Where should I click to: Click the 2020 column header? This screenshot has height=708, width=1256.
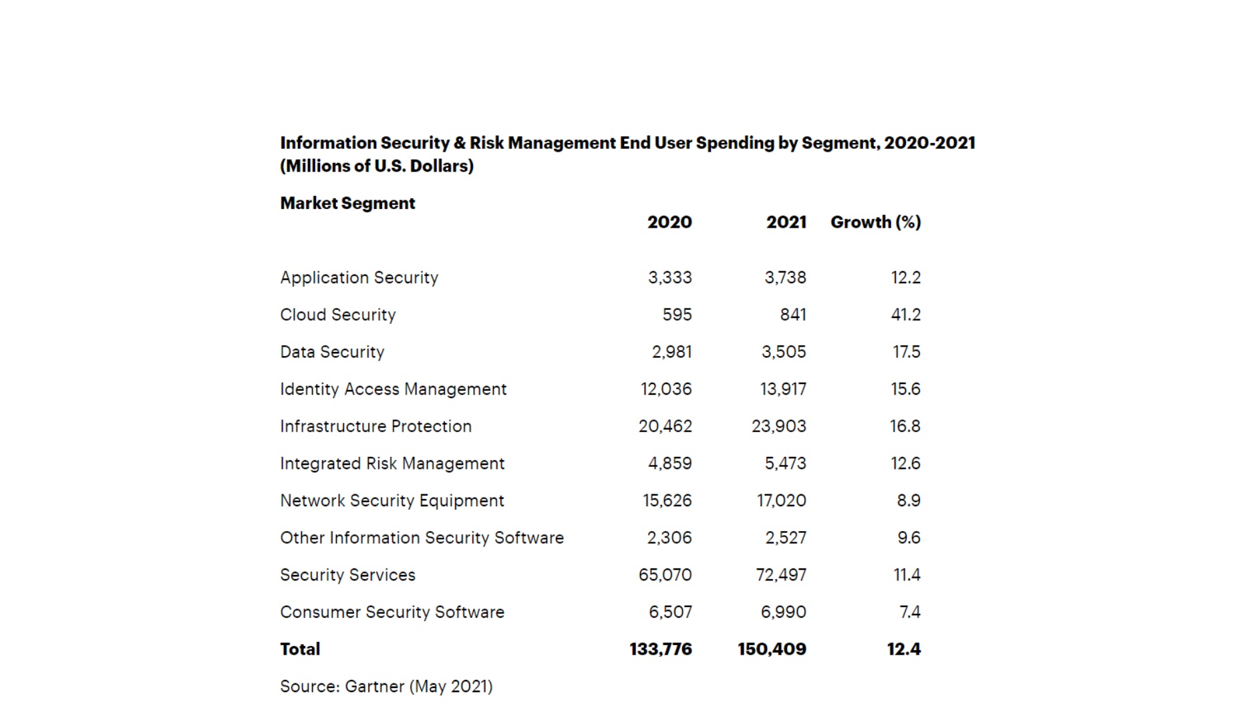click(669, 222)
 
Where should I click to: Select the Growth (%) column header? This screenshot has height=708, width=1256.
click(875, 222)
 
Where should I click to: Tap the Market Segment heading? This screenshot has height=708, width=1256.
click(347, 203)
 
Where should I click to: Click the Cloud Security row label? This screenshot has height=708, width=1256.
click(337, 315)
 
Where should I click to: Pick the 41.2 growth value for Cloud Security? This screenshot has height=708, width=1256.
click(905, 315)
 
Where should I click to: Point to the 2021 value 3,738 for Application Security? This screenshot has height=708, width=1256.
click(785, 277)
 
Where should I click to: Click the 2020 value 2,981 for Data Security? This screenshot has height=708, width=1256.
click(671, 352)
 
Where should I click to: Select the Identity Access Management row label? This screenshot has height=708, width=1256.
click(393, 389)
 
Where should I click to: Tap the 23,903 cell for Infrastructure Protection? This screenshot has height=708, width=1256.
click(778, 426)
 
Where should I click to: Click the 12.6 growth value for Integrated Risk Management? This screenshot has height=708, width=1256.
click(905, 464)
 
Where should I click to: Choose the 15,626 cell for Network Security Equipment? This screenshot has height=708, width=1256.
click(667, 501)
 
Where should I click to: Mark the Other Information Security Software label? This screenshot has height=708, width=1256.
click(422, 538)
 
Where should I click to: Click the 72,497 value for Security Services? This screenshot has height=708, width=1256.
click(781, 575)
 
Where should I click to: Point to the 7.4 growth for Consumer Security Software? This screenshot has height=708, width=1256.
click(909, 612)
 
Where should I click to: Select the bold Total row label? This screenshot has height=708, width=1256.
click(300, 649)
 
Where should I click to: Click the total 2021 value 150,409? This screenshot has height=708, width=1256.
click(772, 649)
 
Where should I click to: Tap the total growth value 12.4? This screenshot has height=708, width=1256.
click(903, 649)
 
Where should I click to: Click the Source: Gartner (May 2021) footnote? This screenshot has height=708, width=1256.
click(386, 687)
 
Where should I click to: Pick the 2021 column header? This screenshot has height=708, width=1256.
click(786, 222)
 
